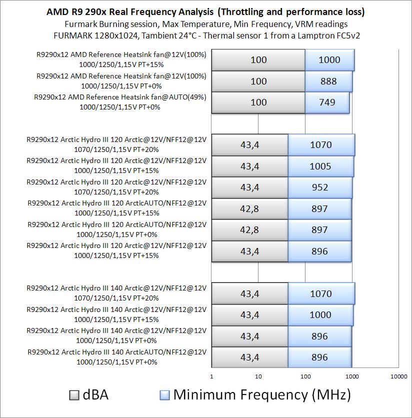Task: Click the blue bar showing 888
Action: [328, 81]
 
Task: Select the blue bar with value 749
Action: [327, 102]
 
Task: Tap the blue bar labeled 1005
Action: [320, 166]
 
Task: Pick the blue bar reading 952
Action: [320, 187]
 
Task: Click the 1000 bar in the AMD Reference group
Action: [329, 60]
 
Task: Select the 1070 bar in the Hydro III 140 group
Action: [321, 293]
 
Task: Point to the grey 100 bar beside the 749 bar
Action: [258, 102]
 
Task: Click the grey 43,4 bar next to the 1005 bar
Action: [250, 166]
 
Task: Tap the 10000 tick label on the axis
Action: [398, 376]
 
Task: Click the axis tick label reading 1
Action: [212, 376]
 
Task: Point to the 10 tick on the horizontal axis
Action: [258, 376]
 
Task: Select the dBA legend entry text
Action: [95, 395]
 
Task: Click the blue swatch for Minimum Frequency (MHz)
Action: [165, 395]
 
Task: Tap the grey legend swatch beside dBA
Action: [74, 395]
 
